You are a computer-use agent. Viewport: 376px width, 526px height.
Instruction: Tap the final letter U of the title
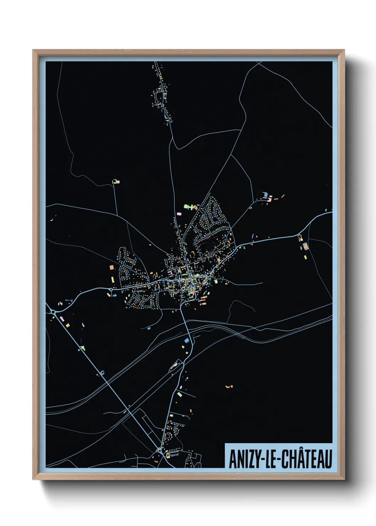pos(328,459)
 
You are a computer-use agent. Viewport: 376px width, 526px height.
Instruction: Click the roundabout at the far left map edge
pos(53,312)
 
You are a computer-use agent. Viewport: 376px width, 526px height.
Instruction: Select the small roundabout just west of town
pos(111,290)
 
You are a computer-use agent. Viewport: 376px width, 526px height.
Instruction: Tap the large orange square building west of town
pos(111,267)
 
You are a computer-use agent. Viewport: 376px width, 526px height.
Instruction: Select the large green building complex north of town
pos(189,206)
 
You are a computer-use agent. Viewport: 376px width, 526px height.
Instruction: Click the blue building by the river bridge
pos(187,340)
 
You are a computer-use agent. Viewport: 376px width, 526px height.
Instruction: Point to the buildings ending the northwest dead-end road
pos(116,182)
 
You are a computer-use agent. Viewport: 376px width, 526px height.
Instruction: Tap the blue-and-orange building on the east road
pos(305,246)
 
